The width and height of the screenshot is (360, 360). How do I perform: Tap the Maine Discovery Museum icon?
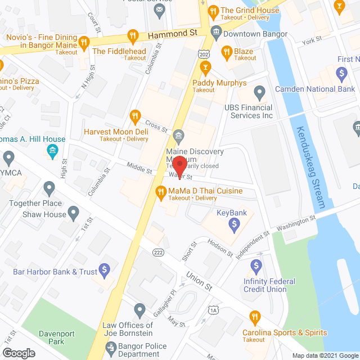179,135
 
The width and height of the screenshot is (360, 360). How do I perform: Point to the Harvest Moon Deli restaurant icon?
134,118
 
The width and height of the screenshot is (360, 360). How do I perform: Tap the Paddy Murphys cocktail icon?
205,69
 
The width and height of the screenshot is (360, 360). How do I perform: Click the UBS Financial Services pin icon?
259,92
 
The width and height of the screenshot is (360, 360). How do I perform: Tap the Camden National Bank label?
314,89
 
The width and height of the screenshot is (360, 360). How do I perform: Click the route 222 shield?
159,253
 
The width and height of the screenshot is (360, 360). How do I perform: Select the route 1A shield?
213,310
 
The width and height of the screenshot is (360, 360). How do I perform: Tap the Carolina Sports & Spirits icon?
254,317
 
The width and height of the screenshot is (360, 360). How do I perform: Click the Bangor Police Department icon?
111,351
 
